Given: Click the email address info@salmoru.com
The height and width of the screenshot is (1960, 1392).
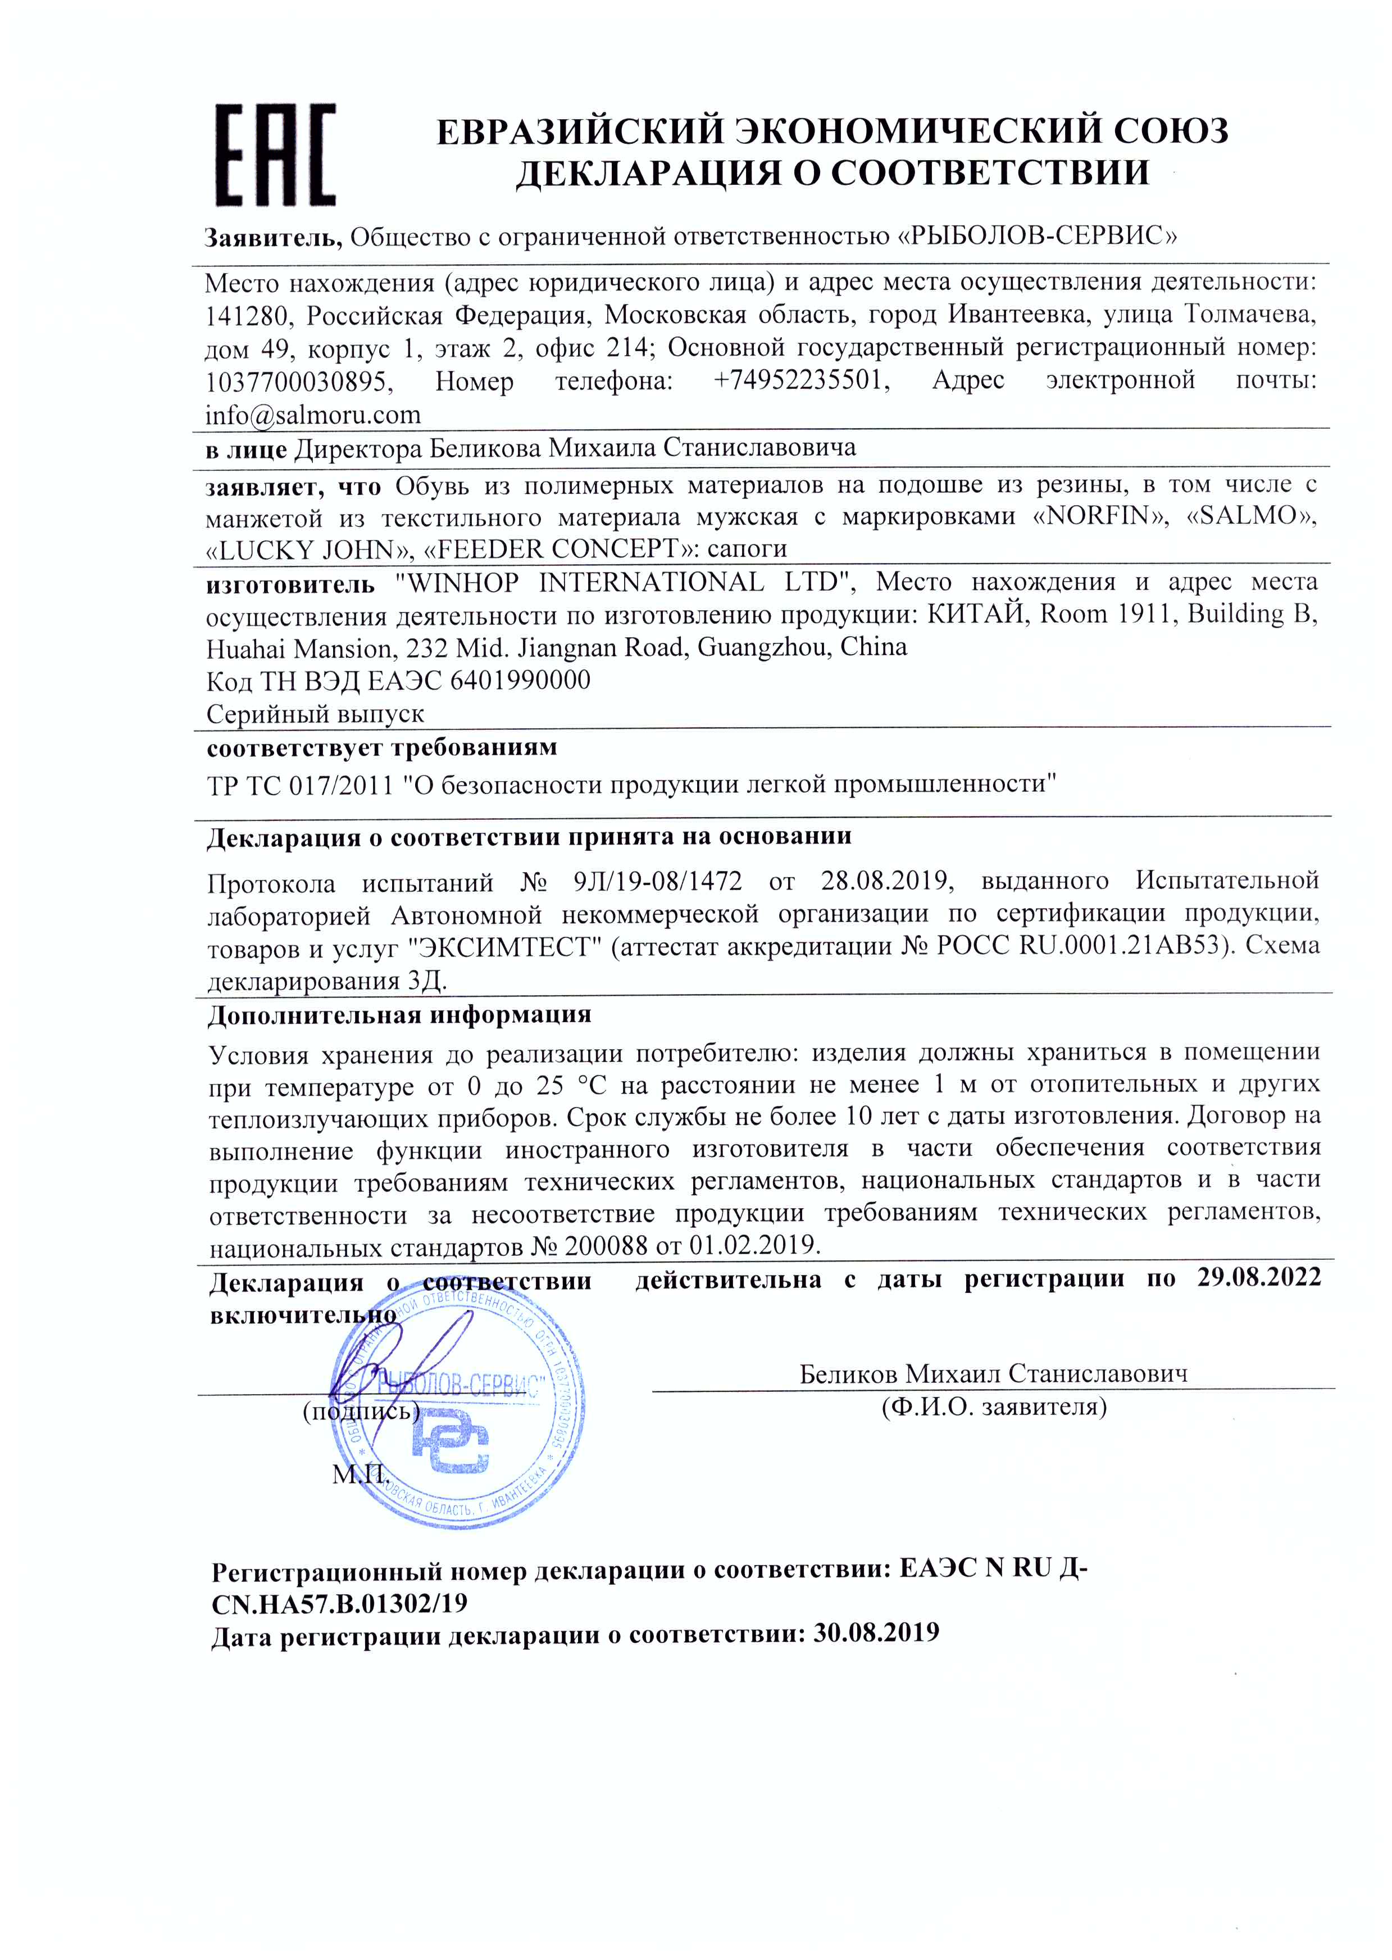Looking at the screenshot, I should pyautogui.click(x=313, y=415).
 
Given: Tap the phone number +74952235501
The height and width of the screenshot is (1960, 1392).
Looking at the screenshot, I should pyautogui.click(x=800, y=380).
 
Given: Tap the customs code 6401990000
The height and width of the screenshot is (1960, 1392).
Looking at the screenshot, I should pyautogui.click(x=520, y=680).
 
